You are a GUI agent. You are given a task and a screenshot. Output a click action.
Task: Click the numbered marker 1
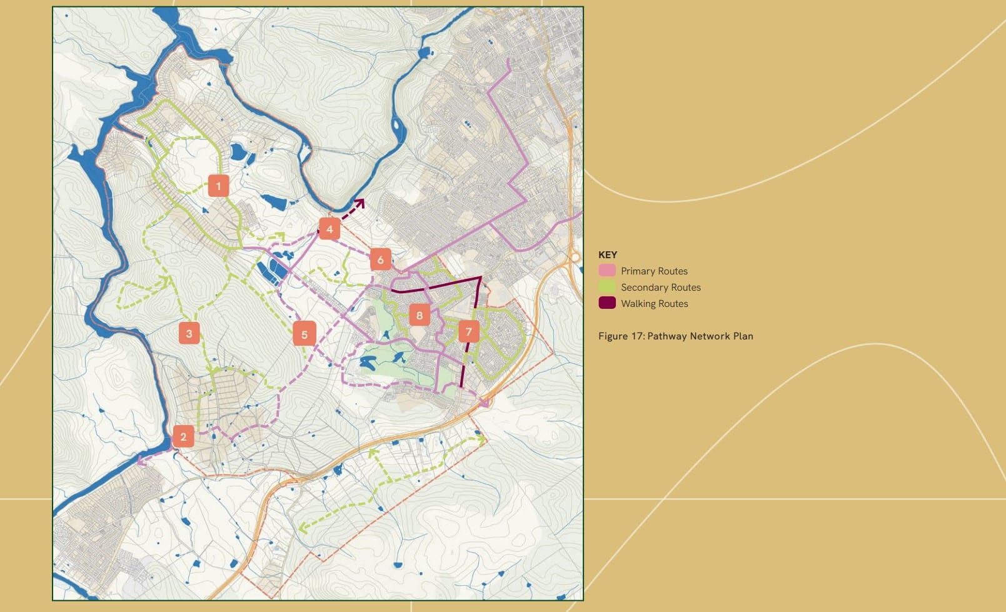218,186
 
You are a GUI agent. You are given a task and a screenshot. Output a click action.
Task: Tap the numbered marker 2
183,436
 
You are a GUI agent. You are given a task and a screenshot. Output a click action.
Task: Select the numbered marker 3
189,333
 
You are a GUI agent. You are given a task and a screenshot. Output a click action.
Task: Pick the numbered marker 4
329,229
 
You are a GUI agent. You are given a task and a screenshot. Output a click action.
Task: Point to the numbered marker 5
304,334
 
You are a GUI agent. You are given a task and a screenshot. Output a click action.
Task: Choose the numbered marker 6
380,259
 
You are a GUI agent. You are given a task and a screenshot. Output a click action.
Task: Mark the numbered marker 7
469,332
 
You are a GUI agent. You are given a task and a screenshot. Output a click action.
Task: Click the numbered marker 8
420,315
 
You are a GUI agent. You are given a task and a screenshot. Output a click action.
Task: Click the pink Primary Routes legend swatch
607,271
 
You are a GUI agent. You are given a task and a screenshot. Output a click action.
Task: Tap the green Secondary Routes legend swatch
607,287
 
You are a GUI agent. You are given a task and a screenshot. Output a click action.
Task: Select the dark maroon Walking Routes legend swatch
607,303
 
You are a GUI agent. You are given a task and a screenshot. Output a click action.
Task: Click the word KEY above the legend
608,254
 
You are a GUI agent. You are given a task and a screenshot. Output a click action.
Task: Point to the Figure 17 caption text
675,336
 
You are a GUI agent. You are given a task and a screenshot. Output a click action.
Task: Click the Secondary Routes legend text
660,287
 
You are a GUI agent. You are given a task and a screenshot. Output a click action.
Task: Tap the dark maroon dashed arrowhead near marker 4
360,203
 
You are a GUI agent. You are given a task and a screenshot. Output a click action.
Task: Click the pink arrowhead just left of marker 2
141,461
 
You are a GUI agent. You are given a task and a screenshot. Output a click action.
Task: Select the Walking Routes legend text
654,303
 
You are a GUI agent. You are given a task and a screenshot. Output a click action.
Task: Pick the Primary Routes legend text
654,271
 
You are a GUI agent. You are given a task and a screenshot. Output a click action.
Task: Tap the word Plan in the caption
743,336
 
